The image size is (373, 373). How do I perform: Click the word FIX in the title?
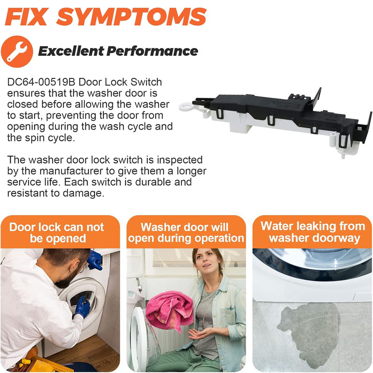coord(26,17)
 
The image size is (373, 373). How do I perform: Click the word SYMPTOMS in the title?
coord(131,17)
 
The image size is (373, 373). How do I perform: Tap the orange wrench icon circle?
coord(17,52)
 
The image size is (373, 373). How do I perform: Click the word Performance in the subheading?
coord(152,51)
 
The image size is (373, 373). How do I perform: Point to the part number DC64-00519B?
coord(41,83)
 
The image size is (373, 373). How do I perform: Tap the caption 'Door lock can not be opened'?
coord(57,233)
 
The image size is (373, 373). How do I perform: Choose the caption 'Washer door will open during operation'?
coord(186,233)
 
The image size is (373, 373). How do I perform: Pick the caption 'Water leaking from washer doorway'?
coord(312,232)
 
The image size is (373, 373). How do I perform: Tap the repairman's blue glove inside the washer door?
coord(82,307)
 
